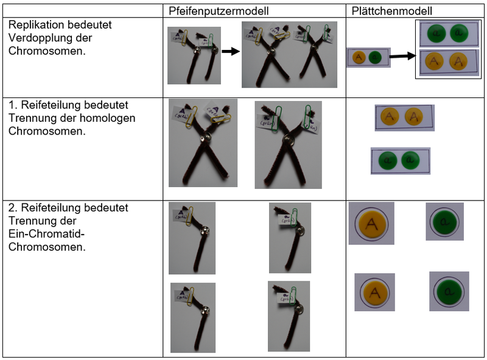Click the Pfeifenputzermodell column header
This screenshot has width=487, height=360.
[x=219, y=11]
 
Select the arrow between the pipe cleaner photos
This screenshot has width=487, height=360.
[x=230, y=52]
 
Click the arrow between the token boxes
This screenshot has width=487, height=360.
[x=399, y=57]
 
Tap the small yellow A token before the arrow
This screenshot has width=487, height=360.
[x=359, y=58]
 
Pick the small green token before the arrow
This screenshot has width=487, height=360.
[x=375, y=58]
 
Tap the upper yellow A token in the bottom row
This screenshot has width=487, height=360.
[x=371, y=223]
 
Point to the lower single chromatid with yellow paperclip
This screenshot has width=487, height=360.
[x=192, y=317]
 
